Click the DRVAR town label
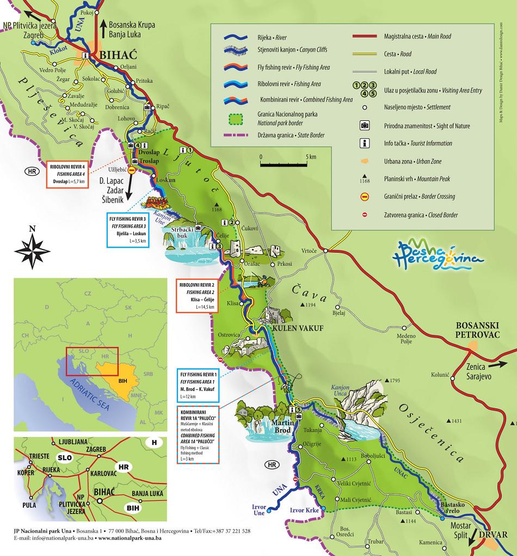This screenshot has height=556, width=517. click(495, 535)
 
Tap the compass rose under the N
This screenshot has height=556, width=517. click(33, 249)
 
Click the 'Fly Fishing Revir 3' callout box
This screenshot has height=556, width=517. click(128, 231)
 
